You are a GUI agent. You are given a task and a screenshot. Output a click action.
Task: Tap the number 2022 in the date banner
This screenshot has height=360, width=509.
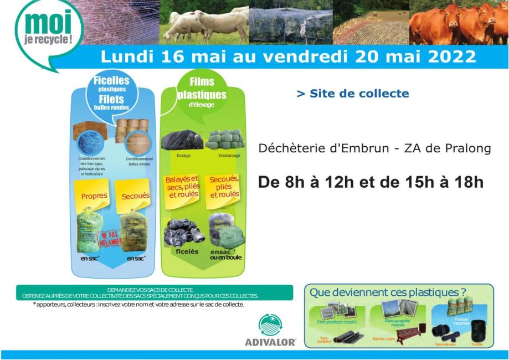[450, 57]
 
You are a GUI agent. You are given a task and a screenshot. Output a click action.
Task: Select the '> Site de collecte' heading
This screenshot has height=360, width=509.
[353, 94]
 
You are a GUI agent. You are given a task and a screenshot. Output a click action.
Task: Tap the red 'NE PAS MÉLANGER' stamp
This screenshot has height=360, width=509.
[111, 238]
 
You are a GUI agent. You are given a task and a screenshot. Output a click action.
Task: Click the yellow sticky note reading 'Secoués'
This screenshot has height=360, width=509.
[136, 196]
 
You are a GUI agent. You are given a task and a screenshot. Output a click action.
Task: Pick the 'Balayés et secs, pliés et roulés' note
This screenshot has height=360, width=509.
[182, 187]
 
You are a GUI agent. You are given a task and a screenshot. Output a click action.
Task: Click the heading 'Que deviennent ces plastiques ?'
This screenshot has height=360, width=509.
[387, 292]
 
